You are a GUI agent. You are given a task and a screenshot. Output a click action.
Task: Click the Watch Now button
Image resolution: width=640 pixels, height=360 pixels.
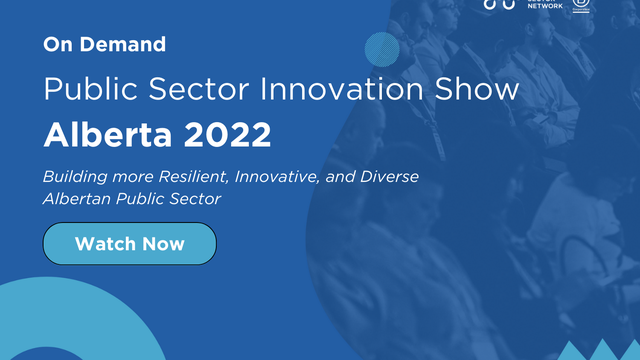pos(129,244)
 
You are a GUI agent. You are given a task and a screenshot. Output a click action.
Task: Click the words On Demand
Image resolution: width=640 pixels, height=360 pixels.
pos(104,44)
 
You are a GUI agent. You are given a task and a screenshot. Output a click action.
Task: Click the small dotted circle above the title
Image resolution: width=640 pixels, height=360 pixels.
pos(382,48)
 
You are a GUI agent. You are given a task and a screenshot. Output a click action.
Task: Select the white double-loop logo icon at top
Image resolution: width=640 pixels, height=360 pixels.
pos(499,4)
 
